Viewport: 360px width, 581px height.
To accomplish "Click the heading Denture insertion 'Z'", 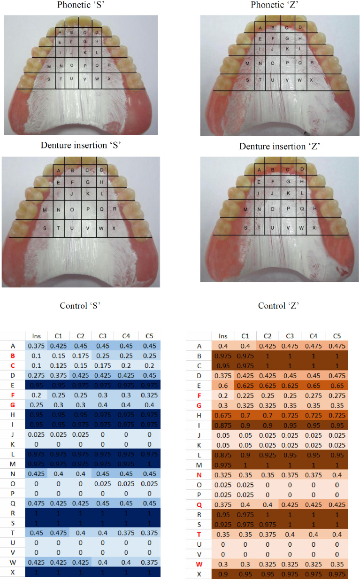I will (280, 147).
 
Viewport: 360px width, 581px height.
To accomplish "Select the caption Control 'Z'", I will (280, 305).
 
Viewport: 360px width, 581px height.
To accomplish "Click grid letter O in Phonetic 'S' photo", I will (71, 65).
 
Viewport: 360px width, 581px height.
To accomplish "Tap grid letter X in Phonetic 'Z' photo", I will (311, 80).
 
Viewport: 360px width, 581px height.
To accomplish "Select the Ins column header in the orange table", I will (224, 336).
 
